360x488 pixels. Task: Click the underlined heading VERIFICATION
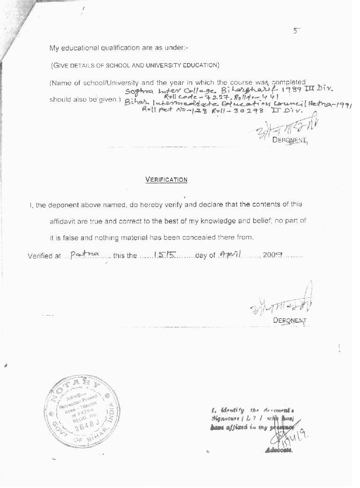[166, 179]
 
